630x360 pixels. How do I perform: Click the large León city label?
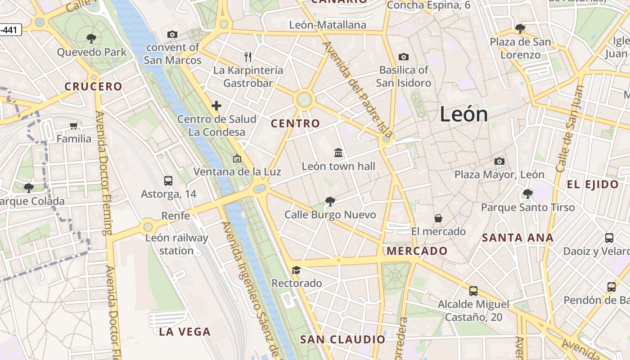pyautogui.click(x=463, y=114)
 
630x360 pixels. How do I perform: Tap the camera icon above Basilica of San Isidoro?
pyautogui.click(x=404, y=57)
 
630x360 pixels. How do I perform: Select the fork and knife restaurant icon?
pyautogui.click(x=248, y=57)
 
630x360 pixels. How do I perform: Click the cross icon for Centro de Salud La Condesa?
pyautogui.click(x=216, y=106)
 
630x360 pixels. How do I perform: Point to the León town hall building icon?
pyautogui.click(x=338, y=153)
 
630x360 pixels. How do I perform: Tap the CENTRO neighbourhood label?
pyautogui.click(x=295, y=123)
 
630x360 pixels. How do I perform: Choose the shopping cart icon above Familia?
pyautogui.click(x=74, y=126)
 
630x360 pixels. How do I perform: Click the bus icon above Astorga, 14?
pyautogui.click(x=168, y=181)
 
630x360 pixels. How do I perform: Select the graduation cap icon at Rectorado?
pyautogui.click(x=296, y=270)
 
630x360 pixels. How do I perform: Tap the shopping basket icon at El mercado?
pyautogui.click(x=438, y=218)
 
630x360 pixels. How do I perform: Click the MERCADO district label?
pyautogui.click(x=417, y=251)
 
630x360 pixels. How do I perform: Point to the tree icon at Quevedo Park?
pyautogui.click(x=91, y=39)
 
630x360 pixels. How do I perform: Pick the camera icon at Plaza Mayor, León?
pyautogui.click(x=499, y=161)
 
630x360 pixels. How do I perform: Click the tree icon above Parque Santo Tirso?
pyautogui.click(x=527, y=194)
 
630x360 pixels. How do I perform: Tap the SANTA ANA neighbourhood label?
pyautogui.click(x=517, y=238)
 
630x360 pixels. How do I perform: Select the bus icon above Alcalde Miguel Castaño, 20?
pyautogui.click(x=473, y=291)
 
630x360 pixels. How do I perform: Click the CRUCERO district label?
pyautogui.click(x=93, y=86)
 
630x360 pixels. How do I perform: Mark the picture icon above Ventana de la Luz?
pyautogui.click(x=237, y=158)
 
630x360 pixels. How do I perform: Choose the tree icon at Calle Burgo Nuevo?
pyautogui.click(x=330, y=201)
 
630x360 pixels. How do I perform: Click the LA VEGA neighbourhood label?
pyautogui.click(x=185, y=332)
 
